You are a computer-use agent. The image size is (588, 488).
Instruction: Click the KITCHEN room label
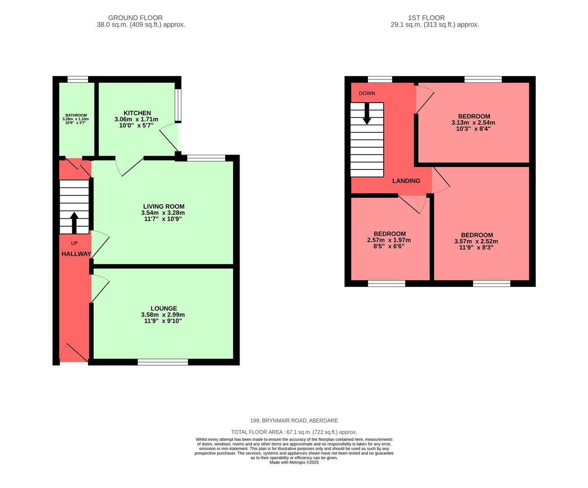[137, 113]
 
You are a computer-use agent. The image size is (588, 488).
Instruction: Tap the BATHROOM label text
[76, 115]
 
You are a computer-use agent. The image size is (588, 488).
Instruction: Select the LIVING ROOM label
[164, 206]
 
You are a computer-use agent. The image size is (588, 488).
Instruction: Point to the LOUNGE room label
[164, 309]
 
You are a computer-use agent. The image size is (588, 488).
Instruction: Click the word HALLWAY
[76, 254]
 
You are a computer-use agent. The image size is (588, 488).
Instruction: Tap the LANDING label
[406, 181]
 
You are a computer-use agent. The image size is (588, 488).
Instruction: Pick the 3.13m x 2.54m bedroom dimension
[473, 122]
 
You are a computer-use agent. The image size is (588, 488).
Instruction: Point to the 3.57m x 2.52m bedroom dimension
[476, 241]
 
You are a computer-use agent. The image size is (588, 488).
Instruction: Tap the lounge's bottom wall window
[163, 362]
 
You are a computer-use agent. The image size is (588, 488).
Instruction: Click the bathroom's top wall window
[78, 80]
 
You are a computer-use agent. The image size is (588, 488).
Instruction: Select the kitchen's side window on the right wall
[179, 105]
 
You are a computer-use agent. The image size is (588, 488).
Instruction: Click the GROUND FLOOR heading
[141, 18]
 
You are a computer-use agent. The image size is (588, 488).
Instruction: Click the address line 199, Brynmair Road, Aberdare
[294, 421]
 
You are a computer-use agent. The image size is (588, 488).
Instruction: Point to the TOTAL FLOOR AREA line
[294, 432]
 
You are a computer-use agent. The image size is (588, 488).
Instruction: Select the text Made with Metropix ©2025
[294, 462]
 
